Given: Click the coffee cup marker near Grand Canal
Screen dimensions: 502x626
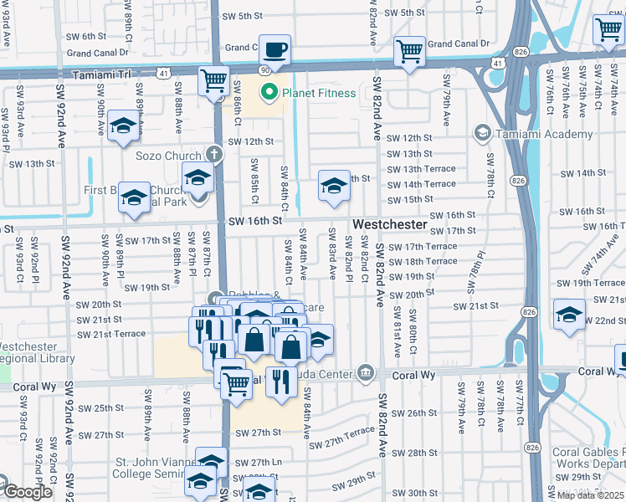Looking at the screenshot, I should click(275, 49).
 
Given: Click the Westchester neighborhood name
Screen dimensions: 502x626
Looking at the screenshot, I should click(390, 226).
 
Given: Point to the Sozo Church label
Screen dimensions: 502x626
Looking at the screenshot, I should click(170, 156).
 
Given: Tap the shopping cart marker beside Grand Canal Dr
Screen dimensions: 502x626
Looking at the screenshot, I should click(409, 51).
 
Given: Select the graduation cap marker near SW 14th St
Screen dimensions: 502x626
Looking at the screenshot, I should click(334, 186).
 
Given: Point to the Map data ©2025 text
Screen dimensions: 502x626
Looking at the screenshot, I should click(589, 495).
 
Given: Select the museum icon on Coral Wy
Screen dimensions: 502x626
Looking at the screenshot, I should click(365, 371).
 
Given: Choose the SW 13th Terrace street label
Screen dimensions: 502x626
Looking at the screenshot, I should click(421, 169).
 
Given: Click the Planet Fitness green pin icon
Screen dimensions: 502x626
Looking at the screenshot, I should click(269, 93).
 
